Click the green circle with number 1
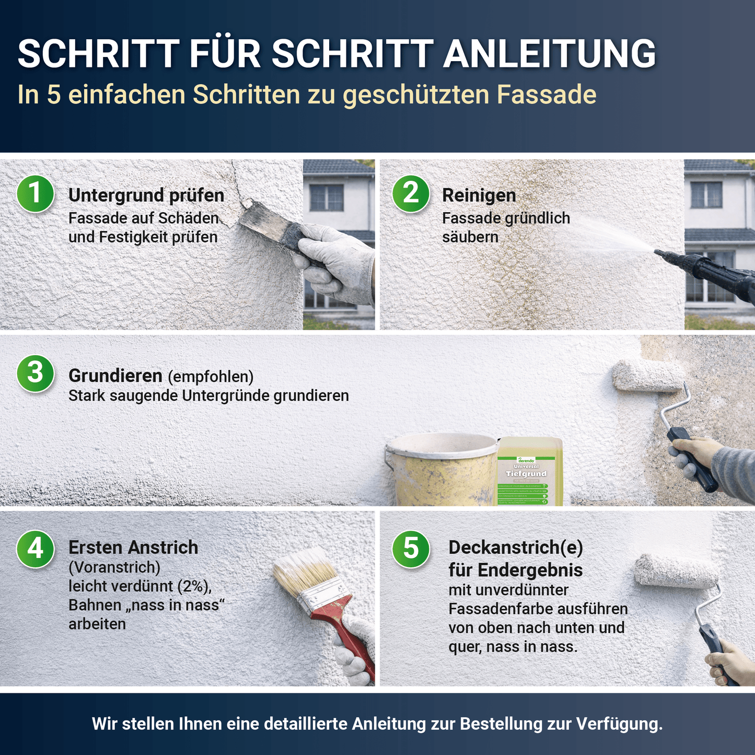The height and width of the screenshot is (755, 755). pos(35,193)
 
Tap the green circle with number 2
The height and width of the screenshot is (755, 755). pos(411,193)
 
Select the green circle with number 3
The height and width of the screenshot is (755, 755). pos(35,373)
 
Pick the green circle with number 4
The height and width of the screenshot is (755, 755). pos(35,549)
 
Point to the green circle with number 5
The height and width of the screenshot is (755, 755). pos(411,549)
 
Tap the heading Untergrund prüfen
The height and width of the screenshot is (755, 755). pos(146,195)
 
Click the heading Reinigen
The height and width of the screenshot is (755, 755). pos(479,195)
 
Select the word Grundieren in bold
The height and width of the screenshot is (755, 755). pos(115,376)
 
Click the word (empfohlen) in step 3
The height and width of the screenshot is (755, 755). pos(211,376)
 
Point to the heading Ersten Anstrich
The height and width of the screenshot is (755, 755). pos(133,547)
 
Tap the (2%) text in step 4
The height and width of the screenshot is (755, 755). pos(194,586)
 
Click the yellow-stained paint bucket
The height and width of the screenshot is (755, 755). pos(442,470)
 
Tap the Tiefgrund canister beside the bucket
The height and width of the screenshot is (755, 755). pos(529,473)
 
